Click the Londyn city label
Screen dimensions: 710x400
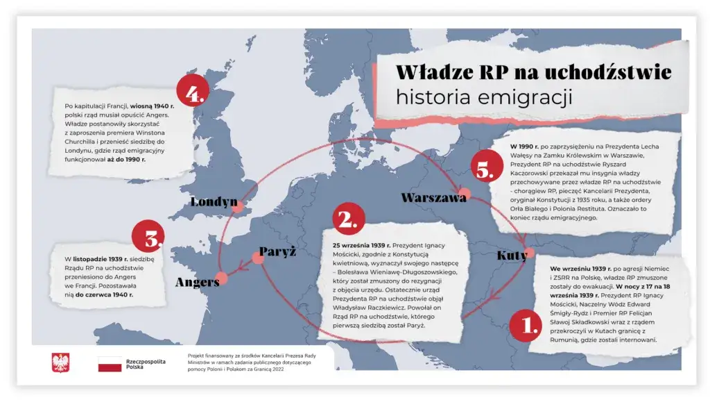[214, 202]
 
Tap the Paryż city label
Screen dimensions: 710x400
[277, 251]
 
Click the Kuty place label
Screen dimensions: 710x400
[512, 256]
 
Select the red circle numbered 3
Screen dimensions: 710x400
[148, 236]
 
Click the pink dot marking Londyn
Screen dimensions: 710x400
[238, 207]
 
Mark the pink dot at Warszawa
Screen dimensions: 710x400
[464, 194]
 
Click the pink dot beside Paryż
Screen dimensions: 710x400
[258, 258]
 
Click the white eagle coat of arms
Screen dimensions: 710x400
[61, 362]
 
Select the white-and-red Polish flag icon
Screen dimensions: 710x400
[110, 364]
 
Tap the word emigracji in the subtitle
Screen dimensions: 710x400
[525, 97]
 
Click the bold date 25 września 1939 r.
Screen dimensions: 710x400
[358, 246]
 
